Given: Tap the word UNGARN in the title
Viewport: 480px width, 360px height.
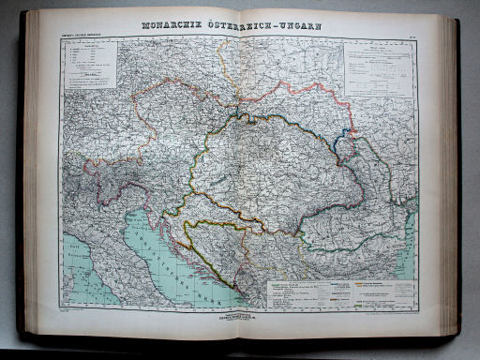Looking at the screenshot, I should (295, 26).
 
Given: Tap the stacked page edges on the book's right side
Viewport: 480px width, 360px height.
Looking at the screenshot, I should (451, 178).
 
